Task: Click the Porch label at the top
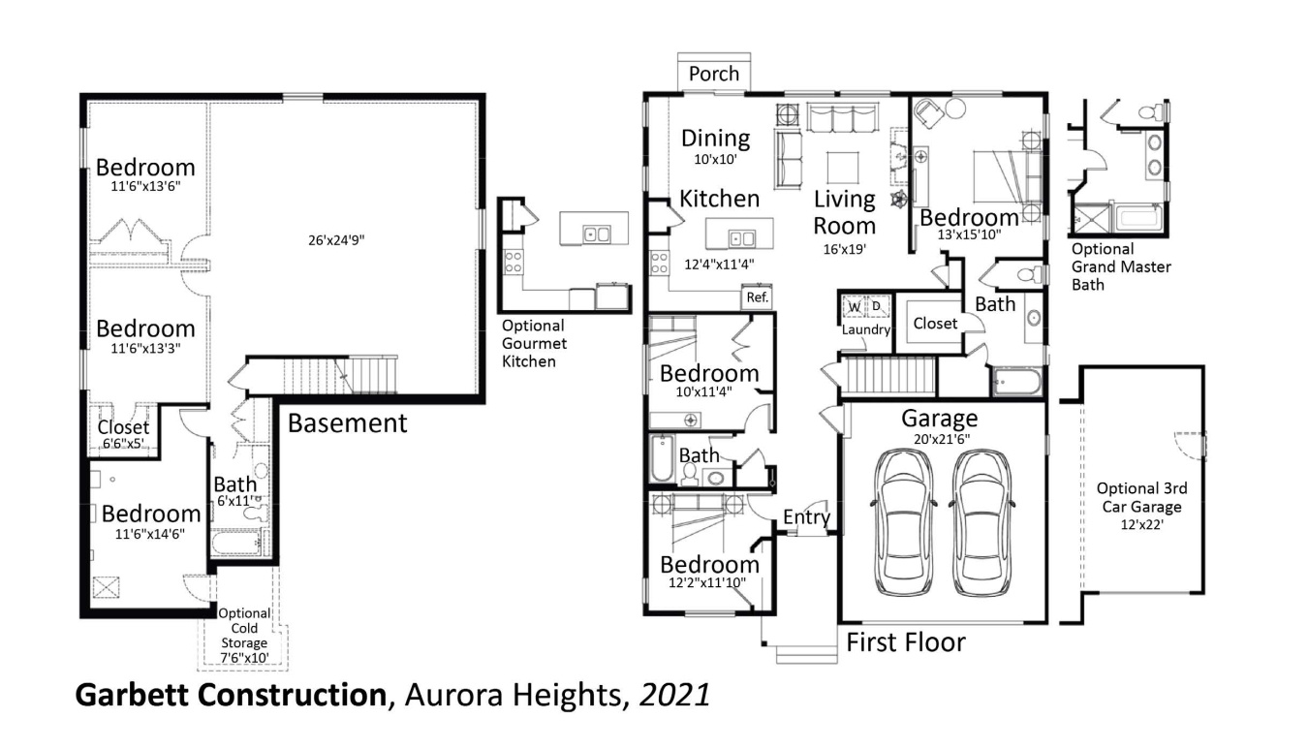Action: coord(714,74)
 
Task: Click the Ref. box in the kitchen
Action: coord(757,298)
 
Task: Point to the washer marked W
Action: coord(855,307)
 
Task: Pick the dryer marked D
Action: coord(878,307)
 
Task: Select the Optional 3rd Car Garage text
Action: coord(1141,497)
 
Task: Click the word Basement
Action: coord(348,423)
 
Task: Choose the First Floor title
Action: coord(906,642)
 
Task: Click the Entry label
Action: coord(806,517)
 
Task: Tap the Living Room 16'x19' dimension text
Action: coord(844,249)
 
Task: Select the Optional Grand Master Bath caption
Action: coord(1120,266)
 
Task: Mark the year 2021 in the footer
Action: coord(674,695)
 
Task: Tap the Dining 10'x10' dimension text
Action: coord(715,159)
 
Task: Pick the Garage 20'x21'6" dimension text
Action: coord(939,438)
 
